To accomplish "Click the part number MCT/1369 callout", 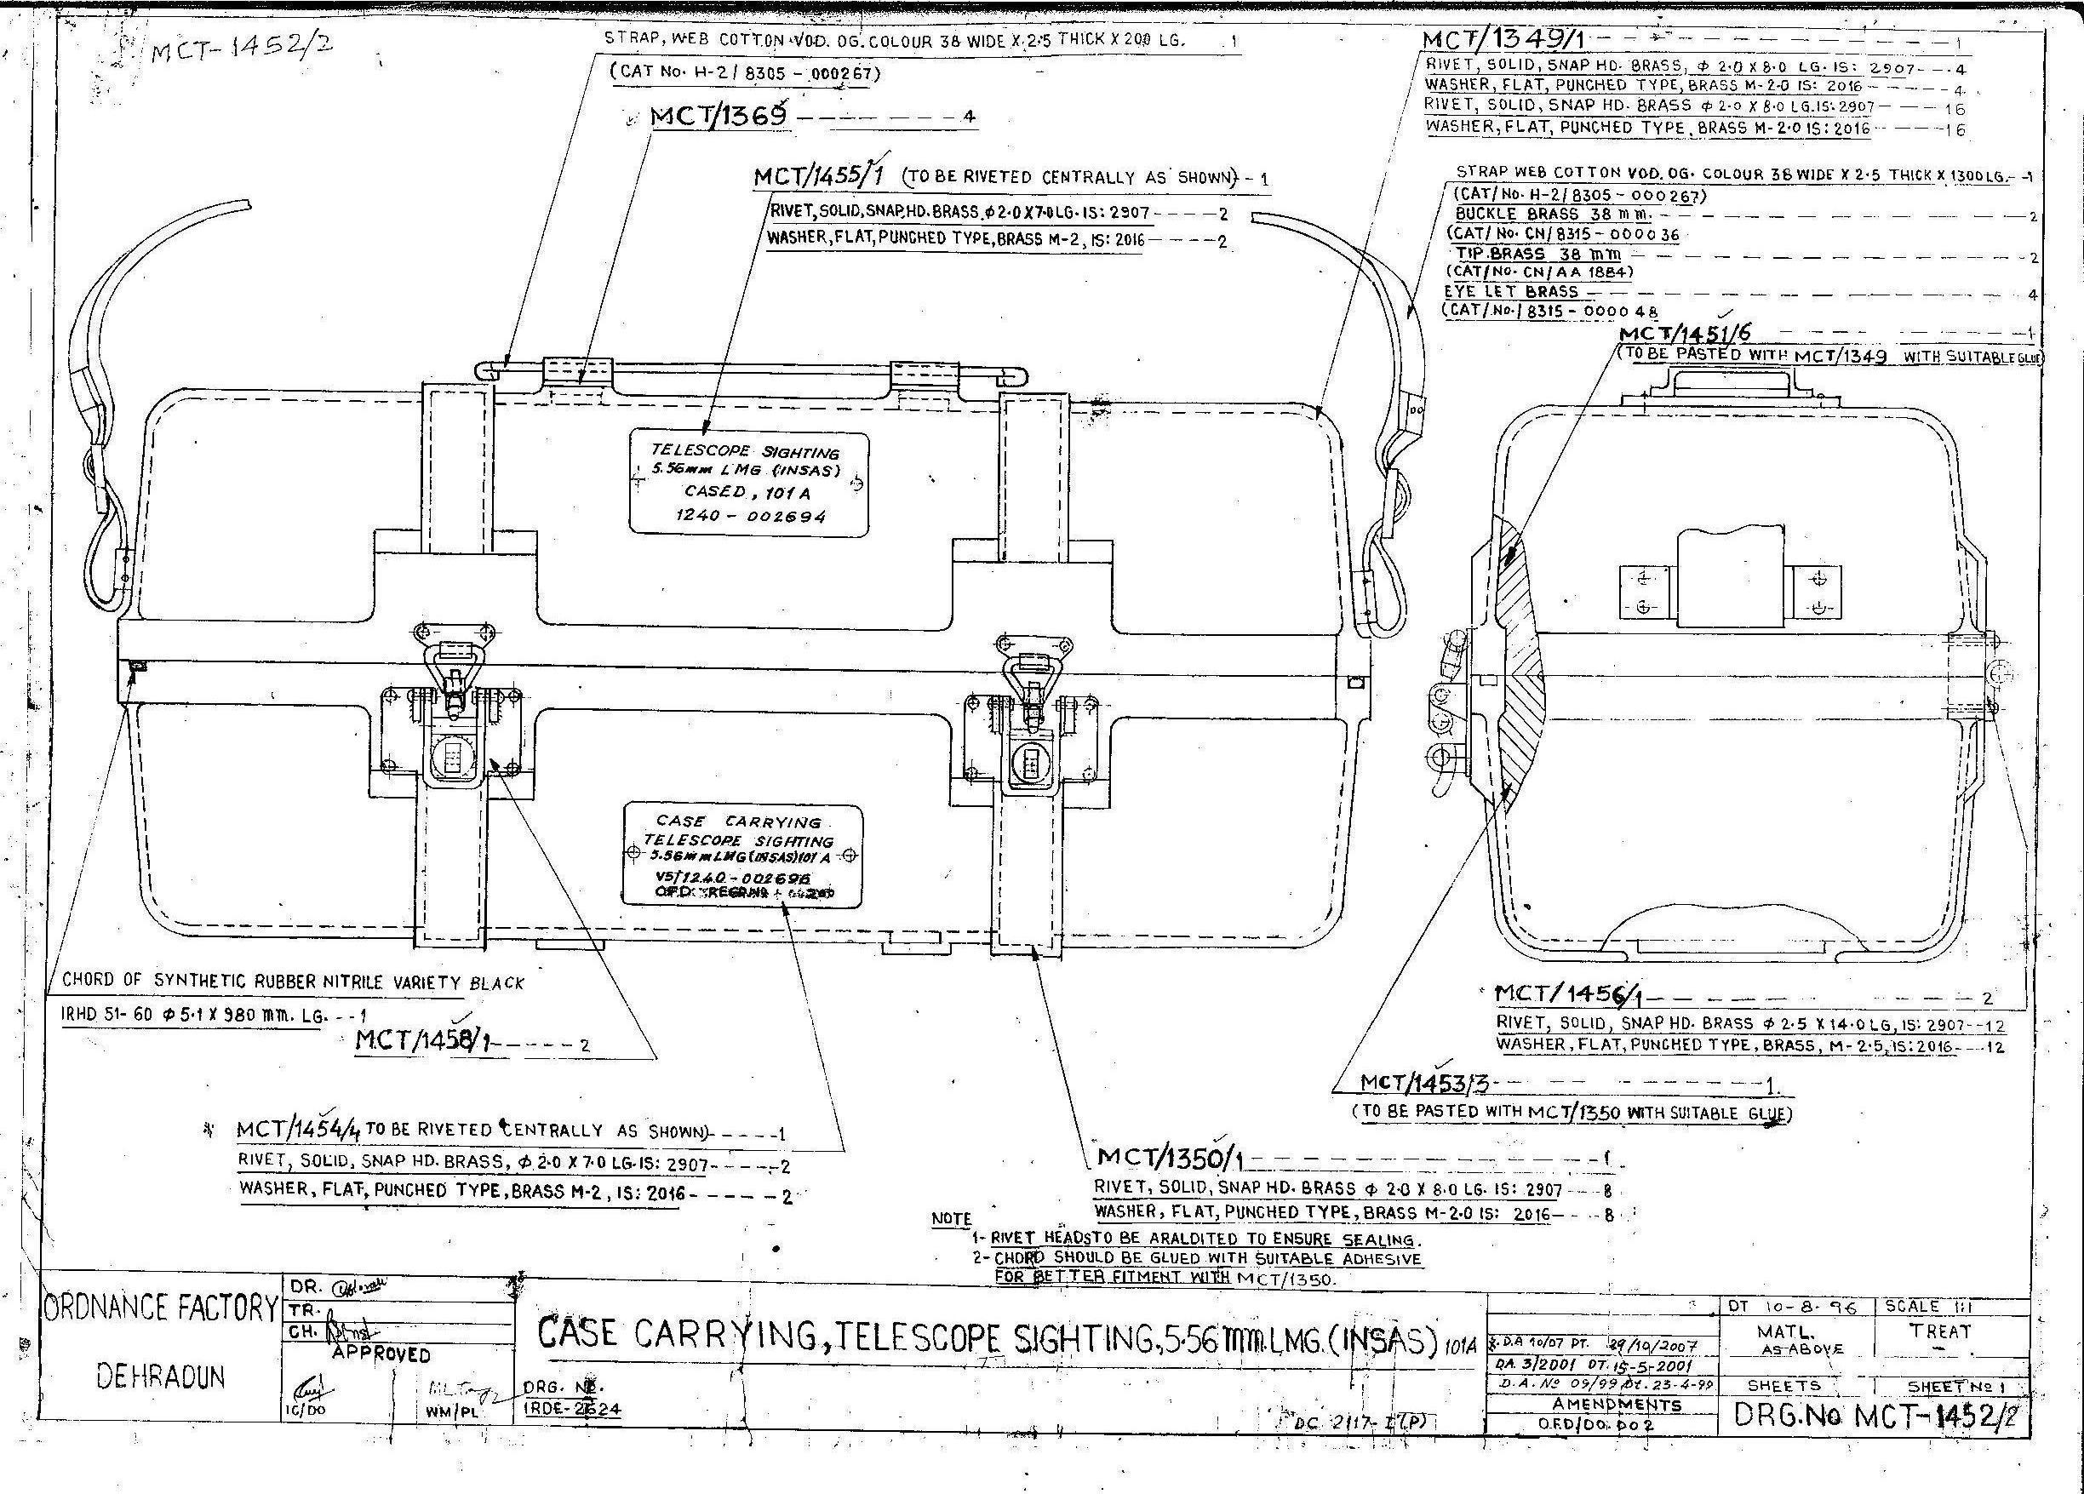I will click(719, 117).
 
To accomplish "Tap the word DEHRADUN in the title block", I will click(162, 1377).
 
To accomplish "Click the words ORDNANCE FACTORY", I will click(160, 1308).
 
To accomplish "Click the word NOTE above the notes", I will click(951, 1219).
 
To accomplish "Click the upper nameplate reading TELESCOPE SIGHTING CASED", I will click(748, 484).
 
